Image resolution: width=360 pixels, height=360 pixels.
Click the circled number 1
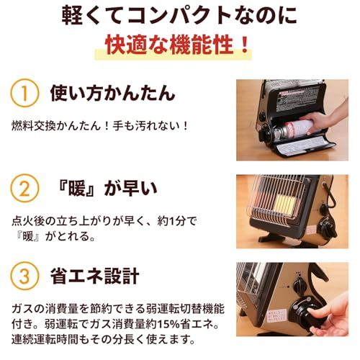pos(24,93)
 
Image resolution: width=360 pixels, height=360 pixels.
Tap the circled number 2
pos(24,189)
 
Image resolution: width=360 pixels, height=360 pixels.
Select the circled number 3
pos(24,276)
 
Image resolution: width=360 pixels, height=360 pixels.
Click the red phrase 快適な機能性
pos(170,45)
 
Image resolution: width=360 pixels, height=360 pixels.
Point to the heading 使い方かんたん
pos(112,93)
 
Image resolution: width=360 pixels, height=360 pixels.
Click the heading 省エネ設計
pos(95,276)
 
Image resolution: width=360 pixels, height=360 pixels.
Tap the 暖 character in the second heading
pos(77,188)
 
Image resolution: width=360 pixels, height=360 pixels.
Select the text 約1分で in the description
pos(177,221)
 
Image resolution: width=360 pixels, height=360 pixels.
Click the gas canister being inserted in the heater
pos(293,130)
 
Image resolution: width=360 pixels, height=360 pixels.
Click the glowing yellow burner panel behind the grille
pos(285,205)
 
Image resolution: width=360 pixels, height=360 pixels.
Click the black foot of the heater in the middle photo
pos(271,237)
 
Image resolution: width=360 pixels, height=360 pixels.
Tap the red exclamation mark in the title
pos(245,45)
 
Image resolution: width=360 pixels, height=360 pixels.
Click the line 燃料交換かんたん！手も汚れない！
pos(100,126)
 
